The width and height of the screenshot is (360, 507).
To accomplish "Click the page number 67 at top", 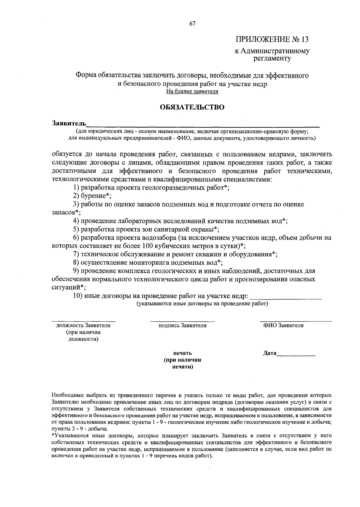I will click(192, 24).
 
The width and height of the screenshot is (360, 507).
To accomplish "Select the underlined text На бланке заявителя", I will click(192, 91).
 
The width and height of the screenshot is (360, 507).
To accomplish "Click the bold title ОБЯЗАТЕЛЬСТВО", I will click(192, 107).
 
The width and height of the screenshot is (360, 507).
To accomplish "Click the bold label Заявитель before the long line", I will click(69, 123).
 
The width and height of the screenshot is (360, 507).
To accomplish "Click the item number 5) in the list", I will click(76, 229).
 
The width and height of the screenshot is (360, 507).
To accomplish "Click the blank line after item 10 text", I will click(286, 298).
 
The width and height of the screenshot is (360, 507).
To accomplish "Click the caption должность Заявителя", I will click(83, 325).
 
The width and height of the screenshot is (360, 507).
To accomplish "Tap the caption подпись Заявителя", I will click(182, 325).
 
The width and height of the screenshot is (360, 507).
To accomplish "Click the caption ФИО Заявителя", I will click(283, 325).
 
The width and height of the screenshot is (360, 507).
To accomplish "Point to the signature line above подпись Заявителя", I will click(182, 321).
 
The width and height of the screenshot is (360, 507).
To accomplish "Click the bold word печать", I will click(182, 353).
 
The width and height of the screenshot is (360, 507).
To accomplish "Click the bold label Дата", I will click(270, 353).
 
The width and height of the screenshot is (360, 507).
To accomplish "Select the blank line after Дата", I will click(296, 355).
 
